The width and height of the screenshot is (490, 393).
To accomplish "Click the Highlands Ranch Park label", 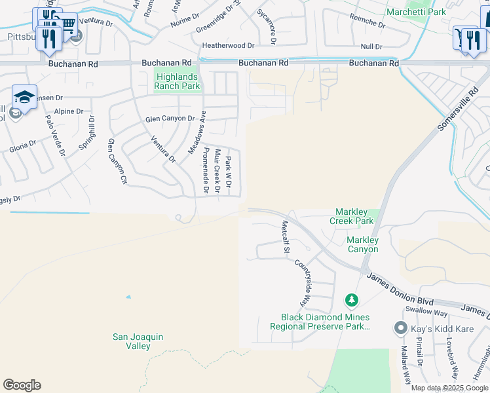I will pyautogui.click(x=177, y=81).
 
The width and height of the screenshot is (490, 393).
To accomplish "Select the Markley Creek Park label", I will pyautogui.click(x=354, y=216).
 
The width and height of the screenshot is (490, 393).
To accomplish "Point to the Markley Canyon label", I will pyautogui.click(x=362, y=244).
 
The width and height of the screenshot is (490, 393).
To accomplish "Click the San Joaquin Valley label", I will pyautogui.click(x=138, y=341).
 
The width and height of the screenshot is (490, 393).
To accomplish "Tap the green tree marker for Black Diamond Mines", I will pyautogui.click(x=352, y=301).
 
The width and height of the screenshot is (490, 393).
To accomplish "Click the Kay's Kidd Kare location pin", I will pyautogui.click(x=400, y=327).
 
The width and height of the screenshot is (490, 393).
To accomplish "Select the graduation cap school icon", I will pyautogui.click(x=24, y=98).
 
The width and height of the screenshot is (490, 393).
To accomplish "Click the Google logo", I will pyautogui.click(x=22, y=385).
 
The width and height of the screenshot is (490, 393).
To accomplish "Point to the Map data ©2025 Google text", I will pyautogui.click(x=449, y=388).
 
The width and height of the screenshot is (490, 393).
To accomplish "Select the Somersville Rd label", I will pyautogui.click(x=451, y=113).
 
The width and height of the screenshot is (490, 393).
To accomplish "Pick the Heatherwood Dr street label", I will pyautogui.click(x=227, y=46).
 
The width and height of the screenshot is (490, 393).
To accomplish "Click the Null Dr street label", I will pyautogui.click(x=371, y=47).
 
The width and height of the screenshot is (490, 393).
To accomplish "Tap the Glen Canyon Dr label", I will pyautogui.click(x=170, y=119).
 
